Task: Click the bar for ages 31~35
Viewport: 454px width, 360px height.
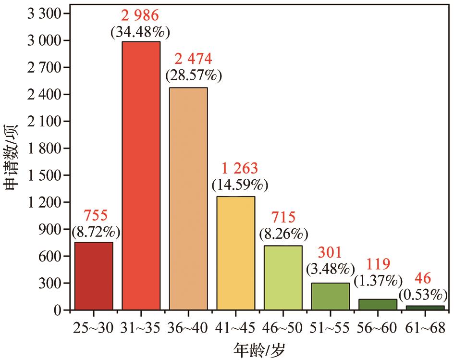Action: pyautogui.click(x=141, y=175)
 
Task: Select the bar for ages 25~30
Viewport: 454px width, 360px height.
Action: pyautogui.click(x=94, y=276)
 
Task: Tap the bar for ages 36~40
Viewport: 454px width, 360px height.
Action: pyautogui.click(x=188, y=199)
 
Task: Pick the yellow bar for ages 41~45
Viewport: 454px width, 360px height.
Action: pyautogui.click(x=236, y=253)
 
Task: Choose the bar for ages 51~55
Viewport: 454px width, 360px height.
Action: pyautogui.click(x=331, y=296)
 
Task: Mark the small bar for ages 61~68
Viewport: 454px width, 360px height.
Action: pyautogui.click(x=425, y=308)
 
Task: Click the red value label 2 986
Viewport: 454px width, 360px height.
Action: pyautogui.click(x=140, y=15)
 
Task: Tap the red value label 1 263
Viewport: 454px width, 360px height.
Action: pyautogui.click(x=240, y=168)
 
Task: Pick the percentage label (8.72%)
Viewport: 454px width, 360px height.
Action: pyautogui.click(x=96, y=233)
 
